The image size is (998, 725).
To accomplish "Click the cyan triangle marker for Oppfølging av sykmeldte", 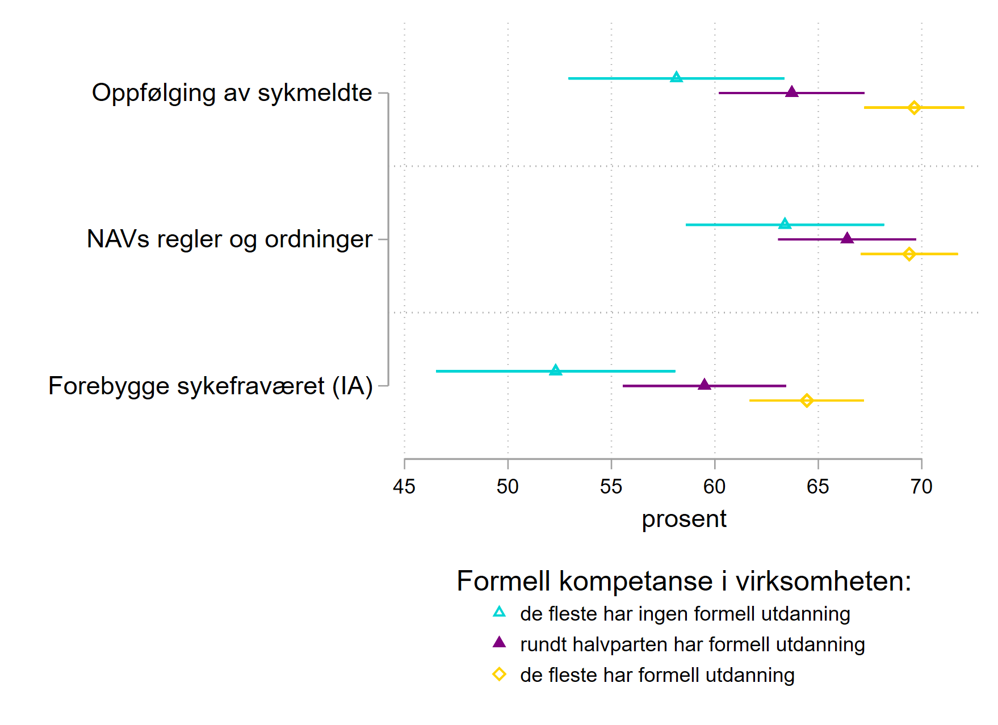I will [676, 78].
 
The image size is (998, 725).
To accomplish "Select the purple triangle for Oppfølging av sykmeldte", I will [792, 92].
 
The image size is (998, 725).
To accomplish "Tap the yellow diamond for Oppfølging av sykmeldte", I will [914, 107].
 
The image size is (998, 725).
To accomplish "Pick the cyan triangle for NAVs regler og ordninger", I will [785, 224].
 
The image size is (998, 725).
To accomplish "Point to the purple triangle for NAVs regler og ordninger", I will [847, 238].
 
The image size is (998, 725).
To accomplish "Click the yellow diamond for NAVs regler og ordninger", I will [909, 254].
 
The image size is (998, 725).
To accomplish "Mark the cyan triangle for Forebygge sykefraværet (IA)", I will [556, 370].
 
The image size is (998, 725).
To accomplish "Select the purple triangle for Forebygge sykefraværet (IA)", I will [705, 385].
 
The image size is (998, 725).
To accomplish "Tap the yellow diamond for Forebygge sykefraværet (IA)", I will [807, 401].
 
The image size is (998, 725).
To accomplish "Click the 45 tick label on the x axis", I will [404, 486].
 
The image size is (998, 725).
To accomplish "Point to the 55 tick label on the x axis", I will [611, 486].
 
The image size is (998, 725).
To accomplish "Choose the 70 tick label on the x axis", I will [921, 486].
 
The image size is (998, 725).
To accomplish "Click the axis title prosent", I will [683, 519].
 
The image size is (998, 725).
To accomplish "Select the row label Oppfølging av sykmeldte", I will [232, 92].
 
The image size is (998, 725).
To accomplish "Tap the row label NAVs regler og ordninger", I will [229, 239].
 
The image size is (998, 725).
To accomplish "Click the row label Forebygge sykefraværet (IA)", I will [210, 386].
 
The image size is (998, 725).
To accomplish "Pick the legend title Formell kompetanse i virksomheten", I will [683, 581].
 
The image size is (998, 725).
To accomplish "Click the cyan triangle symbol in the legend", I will [499, 612].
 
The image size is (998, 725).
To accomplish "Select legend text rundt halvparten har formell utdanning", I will [692, 644].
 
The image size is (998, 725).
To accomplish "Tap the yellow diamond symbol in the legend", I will [499, 675].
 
